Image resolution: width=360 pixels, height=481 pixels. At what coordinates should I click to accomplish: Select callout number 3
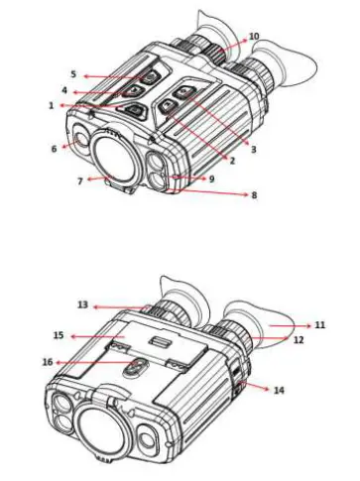(254, 149)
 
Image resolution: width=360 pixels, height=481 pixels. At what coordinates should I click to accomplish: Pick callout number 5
(72, 74)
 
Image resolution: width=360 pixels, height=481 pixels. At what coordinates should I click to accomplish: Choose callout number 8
(254, 195)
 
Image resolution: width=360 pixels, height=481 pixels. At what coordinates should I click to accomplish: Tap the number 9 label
(211, 179)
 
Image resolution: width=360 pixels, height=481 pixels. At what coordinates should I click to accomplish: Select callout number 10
(254, 37)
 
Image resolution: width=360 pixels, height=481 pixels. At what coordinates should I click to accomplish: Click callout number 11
(320, 324)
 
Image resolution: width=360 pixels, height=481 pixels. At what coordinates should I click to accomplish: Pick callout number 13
(82, 306)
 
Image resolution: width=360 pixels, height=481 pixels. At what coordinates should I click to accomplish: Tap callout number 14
(279, 390)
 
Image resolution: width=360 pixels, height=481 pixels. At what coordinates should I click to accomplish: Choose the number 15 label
(59, 336)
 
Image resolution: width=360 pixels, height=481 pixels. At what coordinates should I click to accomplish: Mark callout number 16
(49, 363)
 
